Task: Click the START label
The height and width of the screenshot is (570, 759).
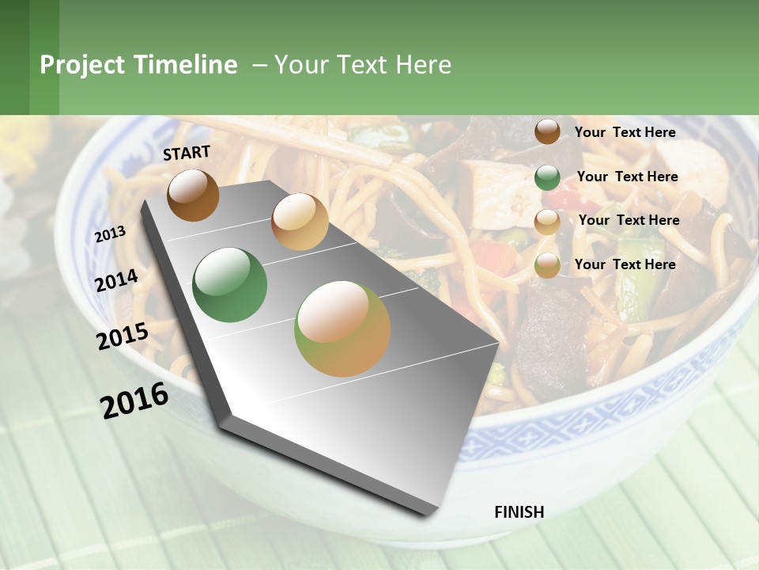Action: pyautogui.click(x=187, y=153)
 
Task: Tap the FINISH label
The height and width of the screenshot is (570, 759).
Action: pyautogui.click(x=519, y=512)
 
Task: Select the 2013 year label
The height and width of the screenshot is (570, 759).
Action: pyautogui.click(x=110, y=234)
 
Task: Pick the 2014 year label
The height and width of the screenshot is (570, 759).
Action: pyautogui.click(x=116, y=280)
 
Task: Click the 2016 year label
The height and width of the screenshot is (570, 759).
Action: pyautogui.click(x=134, y=401)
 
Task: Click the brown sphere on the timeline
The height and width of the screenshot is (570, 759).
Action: pyautogui.click(x=193, y=195)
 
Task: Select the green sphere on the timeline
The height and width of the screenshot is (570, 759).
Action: pyautogui.click(x=230, y=285)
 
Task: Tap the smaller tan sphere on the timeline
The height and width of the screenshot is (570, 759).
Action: pyautogui.click(x=300, y=222)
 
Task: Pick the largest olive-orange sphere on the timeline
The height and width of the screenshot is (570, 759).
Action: pyautogui.click(x=342, y=329)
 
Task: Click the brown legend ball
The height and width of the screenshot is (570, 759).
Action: pyautogui.click(x=547, y=131)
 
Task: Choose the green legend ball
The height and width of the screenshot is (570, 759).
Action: pyautogui.click(x=547, y=177)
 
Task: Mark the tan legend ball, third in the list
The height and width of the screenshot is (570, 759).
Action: pyautogui.click(x=547, y=221)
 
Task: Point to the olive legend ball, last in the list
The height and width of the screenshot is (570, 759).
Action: pyautogui.click(x=547, y=265)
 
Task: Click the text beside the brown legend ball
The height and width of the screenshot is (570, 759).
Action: pyautogui.click(x=625, y=132)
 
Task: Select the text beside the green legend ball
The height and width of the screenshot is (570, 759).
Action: pyautogui.click(x=627, y=177)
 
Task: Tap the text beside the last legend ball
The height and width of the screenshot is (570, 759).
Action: pyautogui.click(x=625, y=264)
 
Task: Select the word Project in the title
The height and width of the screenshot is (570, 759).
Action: pyautogui.click(x=83, y=65)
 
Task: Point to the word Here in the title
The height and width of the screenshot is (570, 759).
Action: pyautogui.click(x=423, y=65)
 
